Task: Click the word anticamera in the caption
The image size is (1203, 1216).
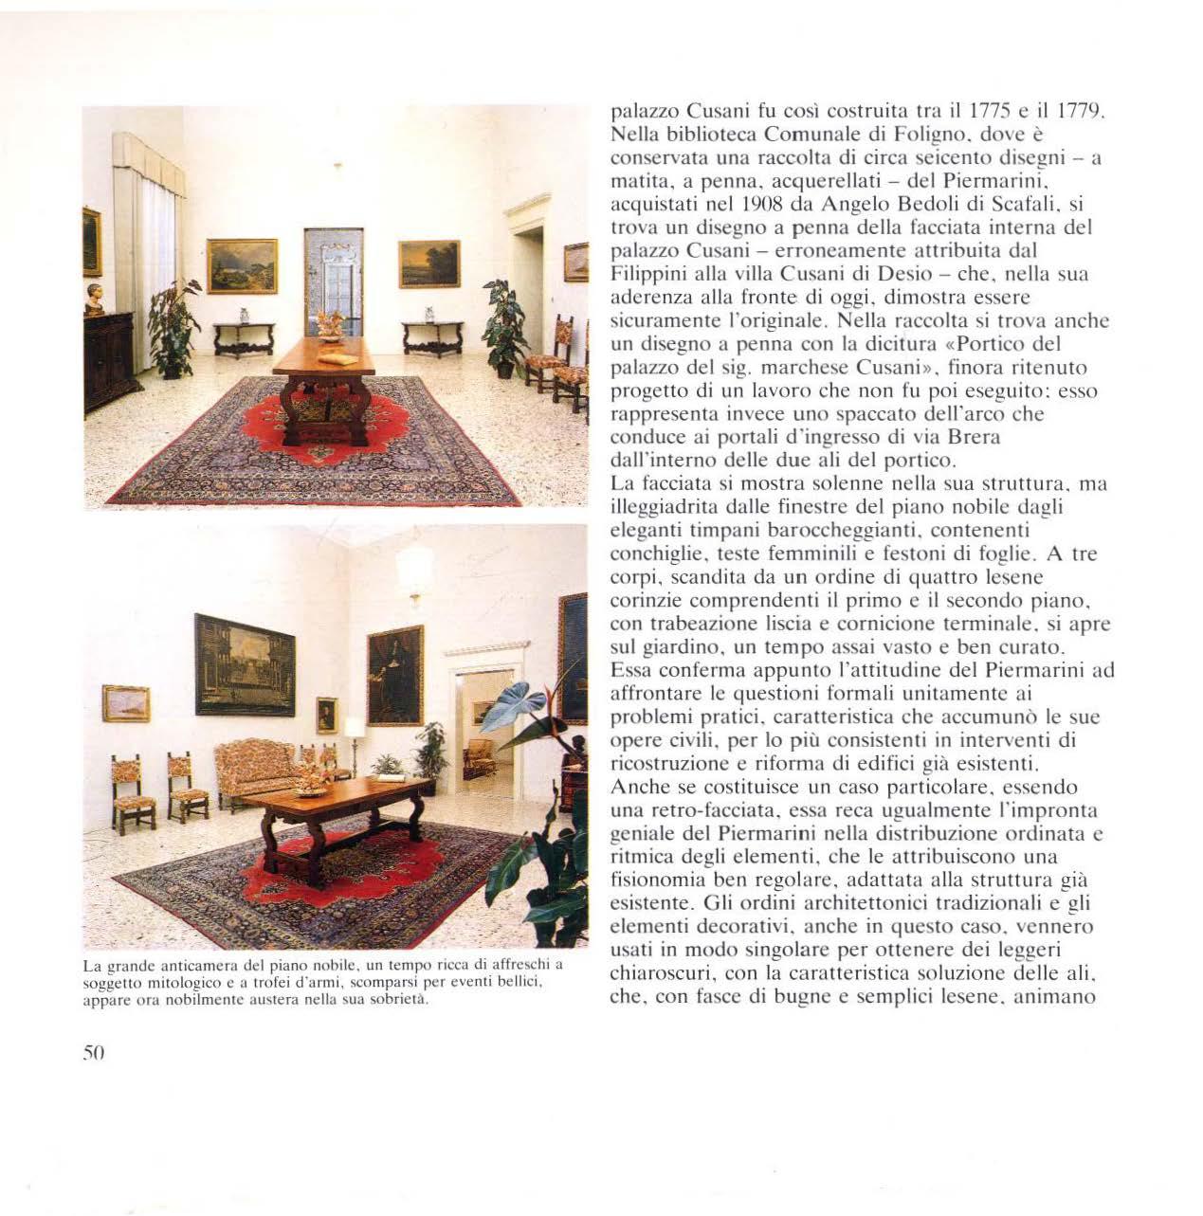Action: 180,967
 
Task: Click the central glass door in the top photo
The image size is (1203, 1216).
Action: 334,280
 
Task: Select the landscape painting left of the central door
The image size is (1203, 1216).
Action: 242,265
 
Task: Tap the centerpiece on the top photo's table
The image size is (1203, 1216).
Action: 331,325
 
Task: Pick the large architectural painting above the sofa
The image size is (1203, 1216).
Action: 245,664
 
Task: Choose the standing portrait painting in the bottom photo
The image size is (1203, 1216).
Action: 394,675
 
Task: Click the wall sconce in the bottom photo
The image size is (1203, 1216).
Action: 414,572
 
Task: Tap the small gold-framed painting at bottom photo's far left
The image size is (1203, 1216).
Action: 126,703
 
